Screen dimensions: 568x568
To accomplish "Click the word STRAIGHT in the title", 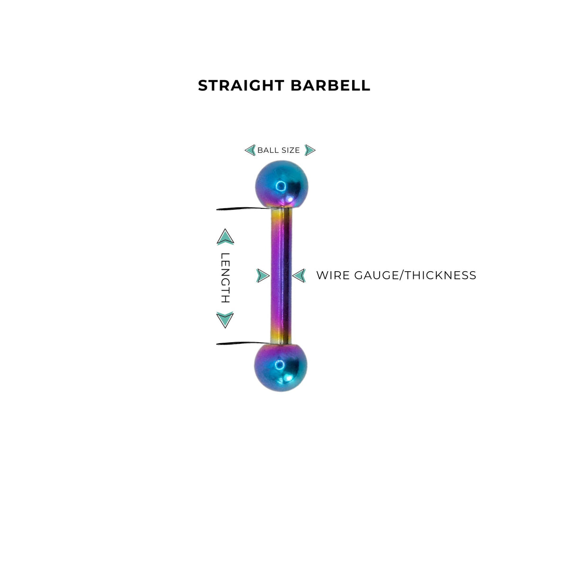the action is click(x=241, y=86).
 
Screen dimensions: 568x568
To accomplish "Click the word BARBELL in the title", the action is click(x=330, y=86).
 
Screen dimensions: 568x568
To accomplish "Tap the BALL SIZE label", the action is click(x=278, y=151).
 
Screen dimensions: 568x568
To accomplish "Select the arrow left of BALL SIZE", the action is click(x=250, y=151).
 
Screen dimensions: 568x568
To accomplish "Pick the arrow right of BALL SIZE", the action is click(x=310, y=151).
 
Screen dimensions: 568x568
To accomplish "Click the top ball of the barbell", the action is click(x=282, y=184).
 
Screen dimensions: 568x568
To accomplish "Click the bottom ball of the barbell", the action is click(x=281, y=368).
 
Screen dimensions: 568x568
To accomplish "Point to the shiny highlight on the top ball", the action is click(x=281, y=186).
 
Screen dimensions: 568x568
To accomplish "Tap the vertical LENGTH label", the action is click(x=225, y=278).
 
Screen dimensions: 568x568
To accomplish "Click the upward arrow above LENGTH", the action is click(x=225, y=237).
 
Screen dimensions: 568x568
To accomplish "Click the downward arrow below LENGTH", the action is click(x=225, y=320).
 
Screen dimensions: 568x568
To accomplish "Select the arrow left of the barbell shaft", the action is click(x=263, y=275).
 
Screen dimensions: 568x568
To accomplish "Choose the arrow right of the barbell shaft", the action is click(x=299, y=275).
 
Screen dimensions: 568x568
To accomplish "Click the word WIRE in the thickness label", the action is click(x=333, y=275).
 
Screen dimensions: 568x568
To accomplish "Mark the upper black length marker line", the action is click(x=244, y=209).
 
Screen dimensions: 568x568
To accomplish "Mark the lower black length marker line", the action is click(x=244, y=343).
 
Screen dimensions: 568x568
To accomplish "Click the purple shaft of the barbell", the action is click(x=281, y=275).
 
